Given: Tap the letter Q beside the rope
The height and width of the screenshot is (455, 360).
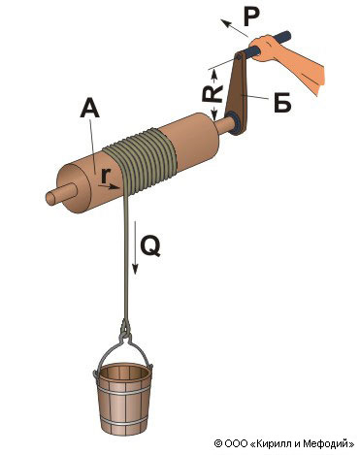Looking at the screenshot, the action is [x=150, y=247].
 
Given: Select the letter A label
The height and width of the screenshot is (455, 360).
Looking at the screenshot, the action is [x=90, y=108].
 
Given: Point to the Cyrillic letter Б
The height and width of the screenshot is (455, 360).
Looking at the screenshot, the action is [x=282, y=103].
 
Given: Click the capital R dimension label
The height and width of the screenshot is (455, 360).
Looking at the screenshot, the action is [x=213, y=94].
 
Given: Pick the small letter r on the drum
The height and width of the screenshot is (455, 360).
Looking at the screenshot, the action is [x=104, y=176].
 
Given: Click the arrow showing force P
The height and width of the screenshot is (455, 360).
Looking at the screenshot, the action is [x=235, y=28].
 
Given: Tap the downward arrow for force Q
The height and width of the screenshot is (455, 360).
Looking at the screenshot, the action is [x=136, y=247].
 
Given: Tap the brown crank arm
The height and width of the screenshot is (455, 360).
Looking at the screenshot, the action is [x=237, y=93].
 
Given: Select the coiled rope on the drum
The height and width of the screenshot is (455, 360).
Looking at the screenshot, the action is [x=142, y=161].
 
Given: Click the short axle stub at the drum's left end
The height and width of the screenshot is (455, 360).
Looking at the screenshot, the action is [x=60, y=194].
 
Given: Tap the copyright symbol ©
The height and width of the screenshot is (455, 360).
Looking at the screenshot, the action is [x=218, y=443].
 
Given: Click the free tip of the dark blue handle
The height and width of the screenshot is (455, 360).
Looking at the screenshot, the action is [x=286, y=35].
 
